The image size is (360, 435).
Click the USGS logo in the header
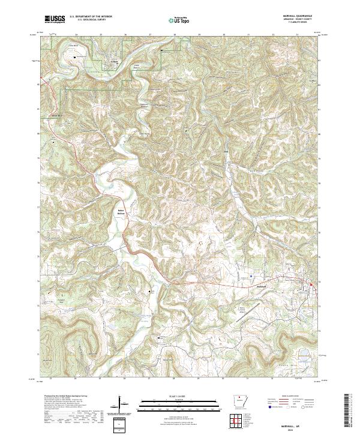(x=55, y=19)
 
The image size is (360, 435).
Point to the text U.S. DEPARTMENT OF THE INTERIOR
(x=91, y=16)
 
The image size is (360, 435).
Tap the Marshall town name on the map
(x=257, y=286)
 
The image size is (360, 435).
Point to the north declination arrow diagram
(x=121, y=406)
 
